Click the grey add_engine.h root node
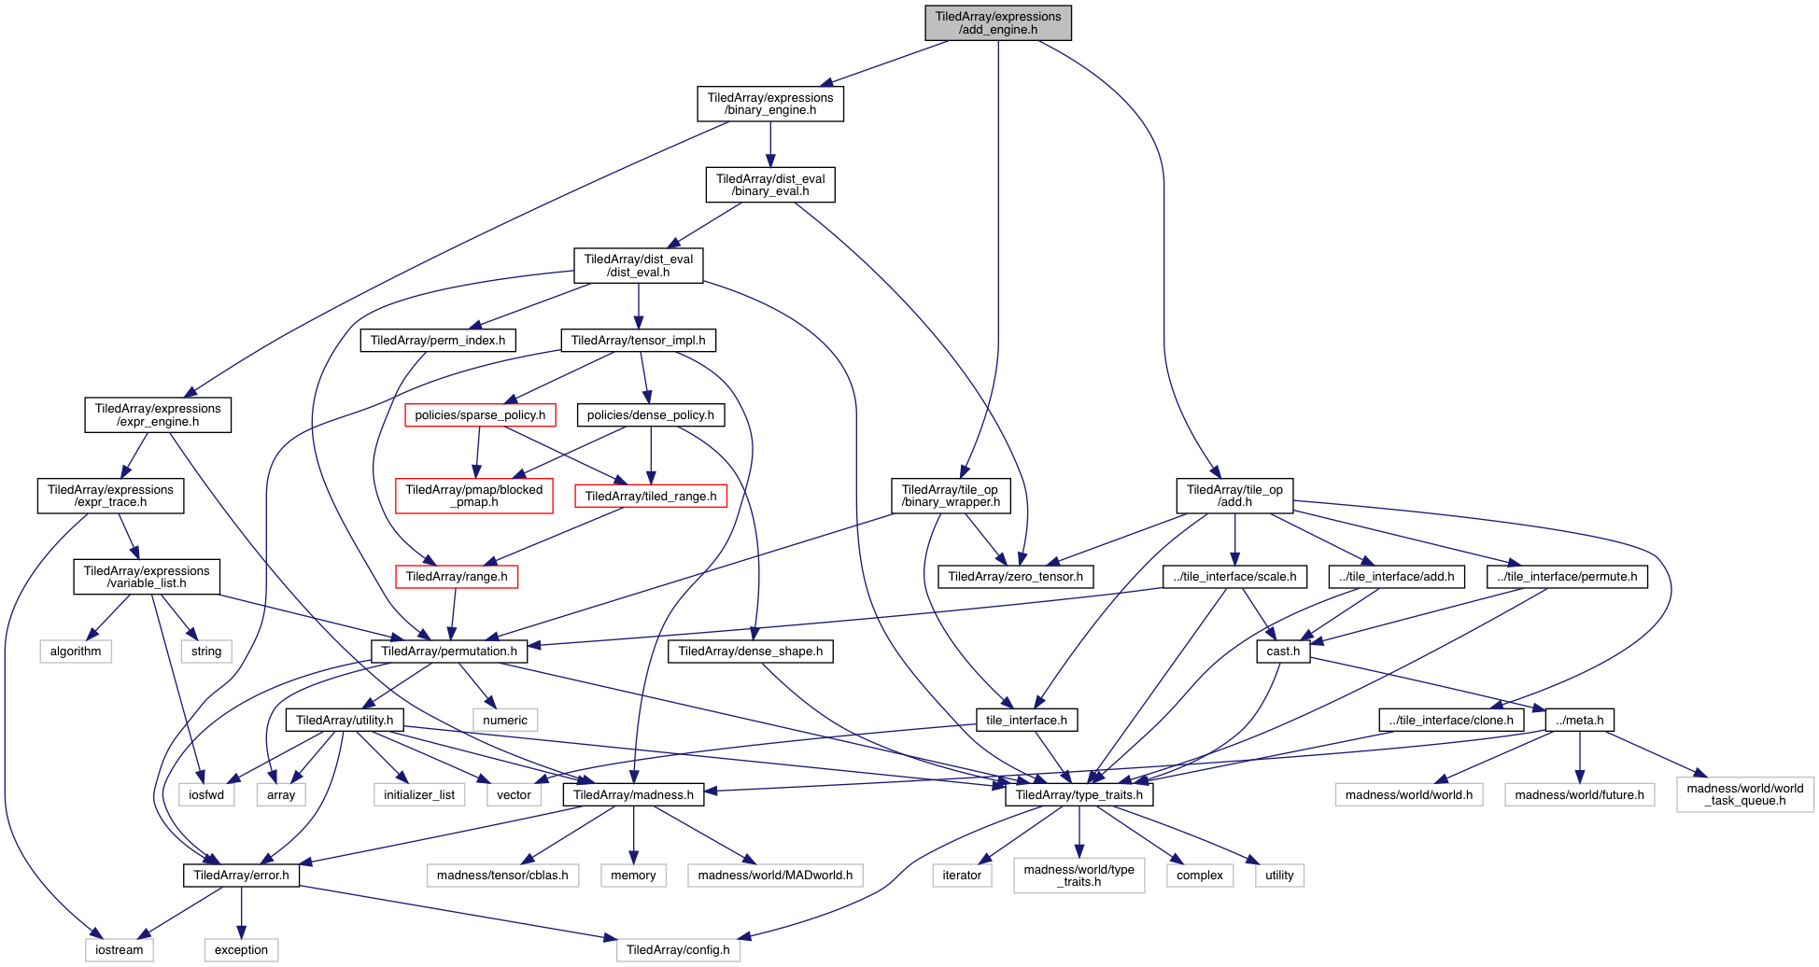997,22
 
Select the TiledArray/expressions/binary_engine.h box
769,104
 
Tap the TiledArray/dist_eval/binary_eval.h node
769,185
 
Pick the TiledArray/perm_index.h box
438,341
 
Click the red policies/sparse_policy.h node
480,415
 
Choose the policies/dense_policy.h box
650,415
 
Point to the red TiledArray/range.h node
456,577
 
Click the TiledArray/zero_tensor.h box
1015,577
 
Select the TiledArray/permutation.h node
448,652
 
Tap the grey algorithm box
76,652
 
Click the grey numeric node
505,721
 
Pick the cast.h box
1283,652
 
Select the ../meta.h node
1579,721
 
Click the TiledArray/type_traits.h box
1079,795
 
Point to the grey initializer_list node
419,795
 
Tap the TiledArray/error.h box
241,876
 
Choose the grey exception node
241,950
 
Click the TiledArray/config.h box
678,950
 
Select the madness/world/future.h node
1579,795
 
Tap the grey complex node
1199,876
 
